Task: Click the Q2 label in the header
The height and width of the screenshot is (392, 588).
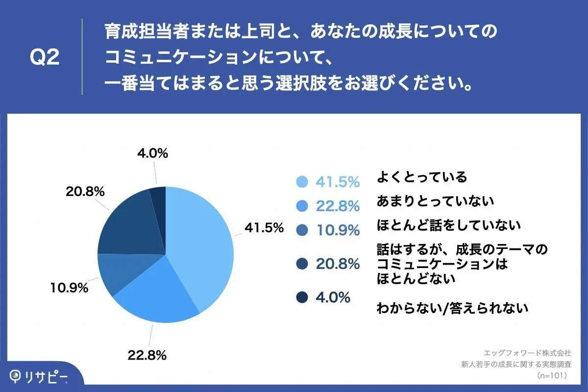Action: coord(45,58)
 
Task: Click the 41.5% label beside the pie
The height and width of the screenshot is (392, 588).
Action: coord(265,228)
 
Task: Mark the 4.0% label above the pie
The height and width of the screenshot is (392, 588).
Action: coord(152,153)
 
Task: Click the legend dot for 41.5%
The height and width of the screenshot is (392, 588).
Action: coord(302,182)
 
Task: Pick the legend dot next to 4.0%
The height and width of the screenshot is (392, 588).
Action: coord(302,297)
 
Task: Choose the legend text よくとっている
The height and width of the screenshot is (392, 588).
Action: coord(421,177)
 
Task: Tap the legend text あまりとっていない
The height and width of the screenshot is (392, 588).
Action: coord(435,201)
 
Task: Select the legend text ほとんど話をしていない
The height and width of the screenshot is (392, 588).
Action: coord(448,225)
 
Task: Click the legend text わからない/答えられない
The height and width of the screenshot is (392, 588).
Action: coord(452,308)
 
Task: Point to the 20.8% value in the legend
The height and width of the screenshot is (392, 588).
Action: coord(338,264)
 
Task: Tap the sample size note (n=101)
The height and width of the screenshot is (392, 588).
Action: coord(552,375)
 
